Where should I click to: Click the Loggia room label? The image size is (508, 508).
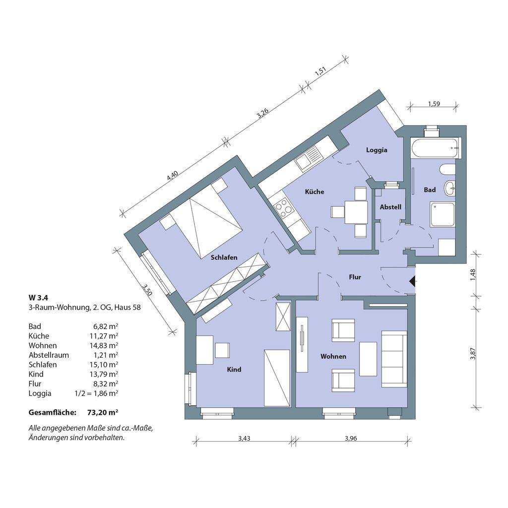coord(377,150)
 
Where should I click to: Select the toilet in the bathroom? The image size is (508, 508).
coord(448,170)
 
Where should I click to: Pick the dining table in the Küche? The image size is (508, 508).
coord(356,212)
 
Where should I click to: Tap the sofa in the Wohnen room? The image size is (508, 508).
coord(394,359)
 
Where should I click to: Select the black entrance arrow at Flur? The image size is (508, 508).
coord(412,281)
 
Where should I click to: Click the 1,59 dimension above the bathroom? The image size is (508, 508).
coord(434,104)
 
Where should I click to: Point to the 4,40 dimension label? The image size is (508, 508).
coord(172,175)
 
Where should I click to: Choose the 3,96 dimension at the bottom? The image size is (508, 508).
coord(351,439)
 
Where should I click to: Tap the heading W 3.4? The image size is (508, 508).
coord(38,297)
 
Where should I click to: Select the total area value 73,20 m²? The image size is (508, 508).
coord(102,412)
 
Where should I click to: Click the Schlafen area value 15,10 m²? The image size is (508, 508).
coord(104,365)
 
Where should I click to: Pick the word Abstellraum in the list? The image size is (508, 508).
coord(49,355)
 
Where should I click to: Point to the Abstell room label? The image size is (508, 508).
coord(390,207)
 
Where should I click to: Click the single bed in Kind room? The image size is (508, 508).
coord(277,378)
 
